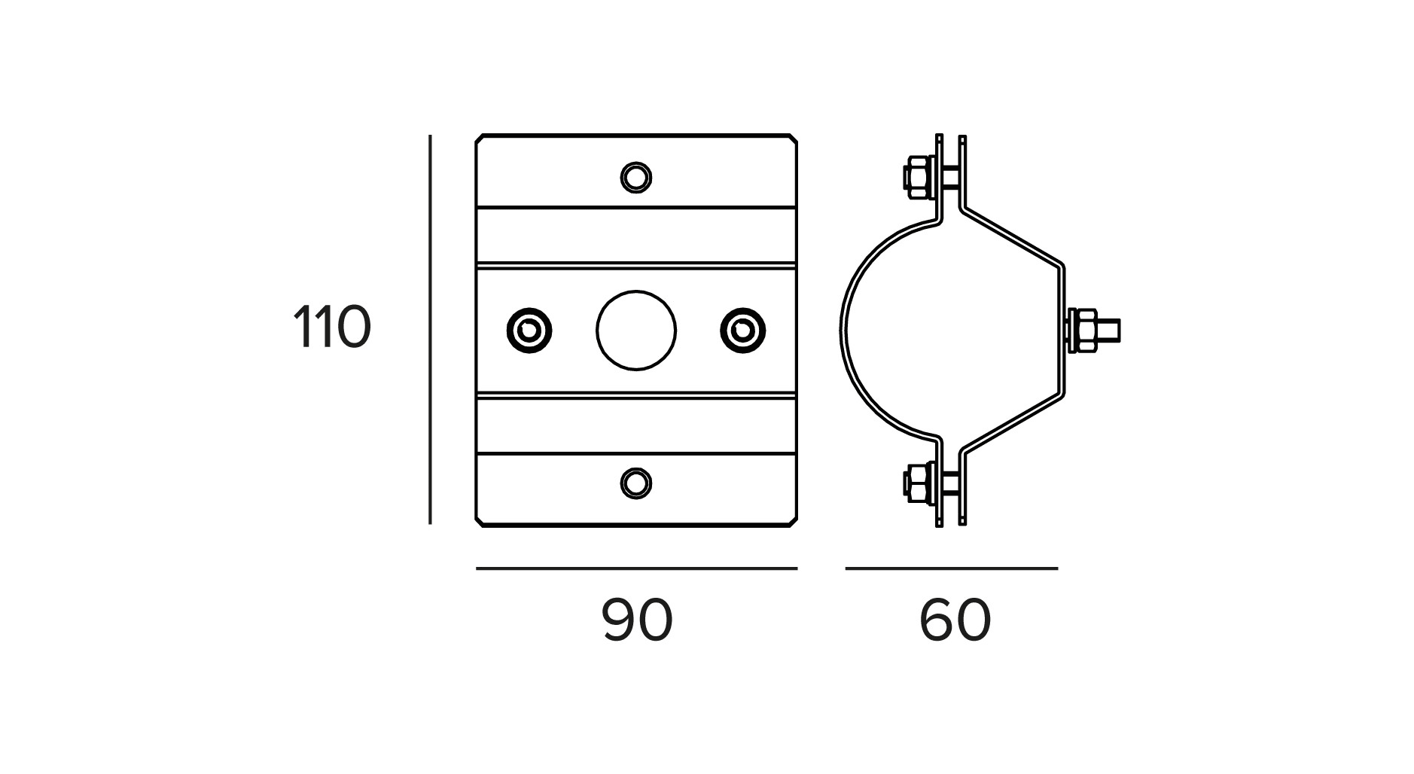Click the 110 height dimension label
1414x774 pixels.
click(331, 328)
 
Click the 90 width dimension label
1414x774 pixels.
click(636, 621)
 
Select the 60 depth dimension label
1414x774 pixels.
click(955, 621)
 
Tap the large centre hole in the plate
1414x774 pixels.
click(636, 330)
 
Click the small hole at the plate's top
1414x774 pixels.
click(636, 178)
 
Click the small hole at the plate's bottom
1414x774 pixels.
click(636, 483)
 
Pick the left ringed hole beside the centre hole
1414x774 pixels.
click(529, 330)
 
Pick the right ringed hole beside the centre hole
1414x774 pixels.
click(742, 330)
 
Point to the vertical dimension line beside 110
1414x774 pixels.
click(430, 330)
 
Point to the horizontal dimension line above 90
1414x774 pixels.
click(636, 568)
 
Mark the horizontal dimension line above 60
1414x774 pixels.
click(951, 568)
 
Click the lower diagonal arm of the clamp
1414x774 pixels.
click(1013, 425)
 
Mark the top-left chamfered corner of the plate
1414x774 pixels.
click(480, 139)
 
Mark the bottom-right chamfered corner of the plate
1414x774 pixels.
click(793, 521)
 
